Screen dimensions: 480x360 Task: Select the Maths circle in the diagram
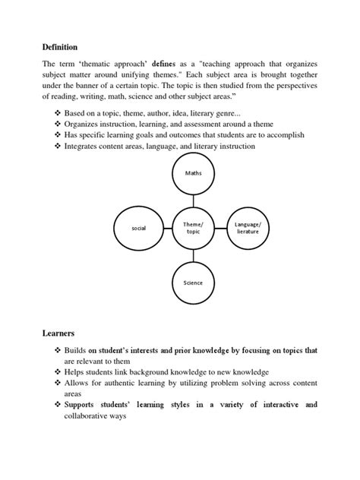pos(194,174)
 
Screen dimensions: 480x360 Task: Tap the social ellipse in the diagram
pos(138,227)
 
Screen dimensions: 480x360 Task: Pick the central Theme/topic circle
pos(194,227)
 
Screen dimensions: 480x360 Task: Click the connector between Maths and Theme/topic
pos(194,199)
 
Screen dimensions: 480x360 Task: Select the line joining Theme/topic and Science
pos(194,255)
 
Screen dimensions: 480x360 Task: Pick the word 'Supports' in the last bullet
pos(84,405)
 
